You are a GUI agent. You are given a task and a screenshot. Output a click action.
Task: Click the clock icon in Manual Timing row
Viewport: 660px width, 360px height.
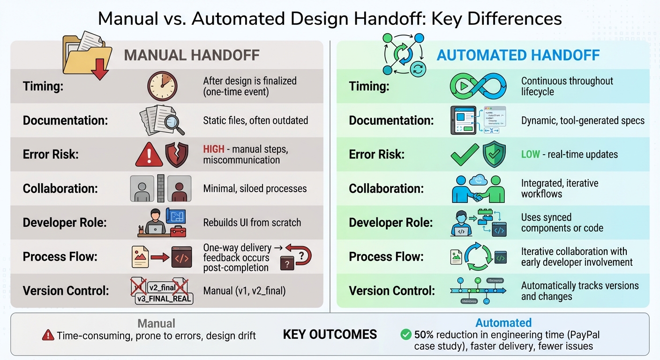(162, 86)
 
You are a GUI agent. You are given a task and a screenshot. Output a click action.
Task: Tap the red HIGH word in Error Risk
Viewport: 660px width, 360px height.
(213, 150)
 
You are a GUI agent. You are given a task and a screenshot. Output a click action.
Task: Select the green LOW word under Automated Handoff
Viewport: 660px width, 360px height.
(530, 154)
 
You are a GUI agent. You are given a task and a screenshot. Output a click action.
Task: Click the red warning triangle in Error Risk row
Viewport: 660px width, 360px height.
(149, 155)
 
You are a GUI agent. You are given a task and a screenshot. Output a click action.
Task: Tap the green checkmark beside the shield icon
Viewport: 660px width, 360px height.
(465, 155)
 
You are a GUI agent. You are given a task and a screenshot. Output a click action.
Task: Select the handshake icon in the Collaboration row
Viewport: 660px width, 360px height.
(478, 189)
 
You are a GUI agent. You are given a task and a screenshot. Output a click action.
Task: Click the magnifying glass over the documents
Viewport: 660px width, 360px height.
(174, 124)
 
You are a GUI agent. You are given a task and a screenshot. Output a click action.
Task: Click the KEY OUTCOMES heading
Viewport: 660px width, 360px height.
(330, 334)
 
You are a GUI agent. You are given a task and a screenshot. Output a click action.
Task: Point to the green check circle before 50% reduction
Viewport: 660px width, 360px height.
(406, 335)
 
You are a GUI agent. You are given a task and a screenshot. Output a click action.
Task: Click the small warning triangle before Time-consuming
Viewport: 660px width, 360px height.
(48, 335)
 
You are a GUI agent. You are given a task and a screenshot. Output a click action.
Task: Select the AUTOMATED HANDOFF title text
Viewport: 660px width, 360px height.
(518, 55)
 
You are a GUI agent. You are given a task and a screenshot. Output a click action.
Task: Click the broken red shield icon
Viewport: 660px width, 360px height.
(177, 155)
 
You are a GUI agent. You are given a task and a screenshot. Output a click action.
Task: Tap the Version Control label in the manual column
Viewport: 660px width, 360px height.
(66, 290)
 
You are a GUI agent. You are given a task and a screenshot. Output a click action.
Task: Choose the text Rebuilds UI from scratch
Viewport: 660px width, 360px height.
(252, 223)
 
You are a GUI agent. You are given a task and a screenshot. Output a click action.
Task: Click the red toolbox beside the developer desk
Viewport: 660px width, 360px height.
(178, 231)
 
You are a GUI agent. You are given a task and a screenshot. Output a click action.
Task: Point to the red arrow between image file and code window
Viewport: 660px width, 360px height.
(160, 257)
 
